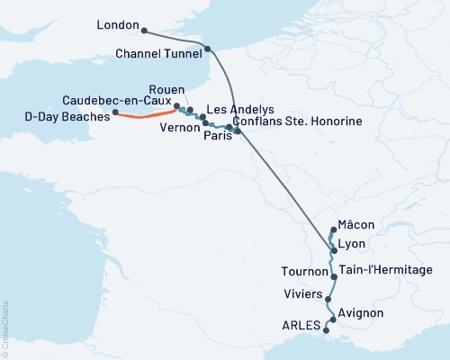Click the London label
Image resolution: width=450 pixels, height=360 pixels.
click(118, 27)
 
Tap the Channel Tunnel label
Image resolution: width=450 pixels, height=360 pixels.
click(159, 54)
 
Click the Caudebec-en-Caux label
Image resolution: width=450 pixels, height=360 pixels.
click(116, 99)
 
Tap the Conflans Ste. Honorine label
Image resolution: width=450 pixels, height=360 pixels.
click(297, 121)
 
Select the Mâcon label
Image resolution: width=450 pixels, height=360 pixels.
click(355, 224)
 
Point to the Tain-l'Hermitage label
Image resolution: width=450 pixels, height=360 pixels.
click(386, 269)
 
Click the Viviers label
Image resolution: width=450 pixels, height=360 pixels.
click(303, 293)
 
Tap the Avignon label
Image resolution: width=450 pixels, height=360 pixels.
click(362, 312)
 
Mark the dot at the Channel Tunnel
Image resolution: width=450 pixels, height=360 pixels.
click(208, 49)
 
